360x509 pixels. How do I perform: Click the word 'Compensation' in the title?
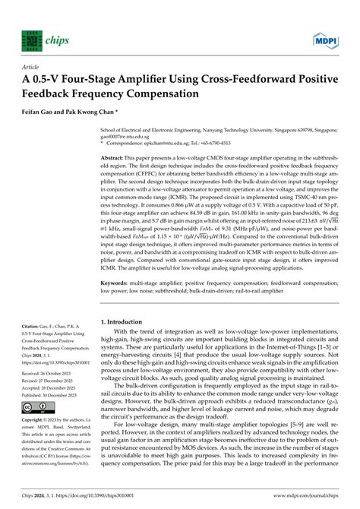tap(164, 94)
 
